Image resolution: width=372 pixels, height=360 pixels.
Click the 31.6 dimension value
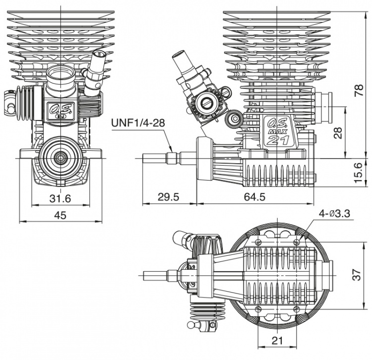click(x=61, y=198)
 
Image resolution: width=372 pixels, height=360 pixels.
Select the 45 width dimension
click(x=61, y=215)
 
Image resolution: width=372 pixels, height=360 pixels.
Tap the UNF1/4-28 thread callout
click(x=137, y=122)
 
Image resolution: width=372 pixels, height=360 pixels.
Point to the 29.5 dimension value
click(x=169, y=197)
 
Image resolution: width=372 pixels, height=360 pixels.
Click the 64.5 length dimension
click(x=255, y=197)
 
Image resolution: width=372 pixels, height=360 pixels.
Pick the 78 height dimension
click(x=361, y=89)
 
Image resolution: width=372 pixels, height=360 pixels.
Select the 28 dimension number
click(x=338, y=132)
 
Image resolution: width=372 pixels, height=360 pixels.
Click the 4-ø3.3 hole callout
click(x=335, y=213)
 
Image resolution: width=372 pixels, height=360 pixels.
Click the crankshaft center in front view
click(x=61, y=158)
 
